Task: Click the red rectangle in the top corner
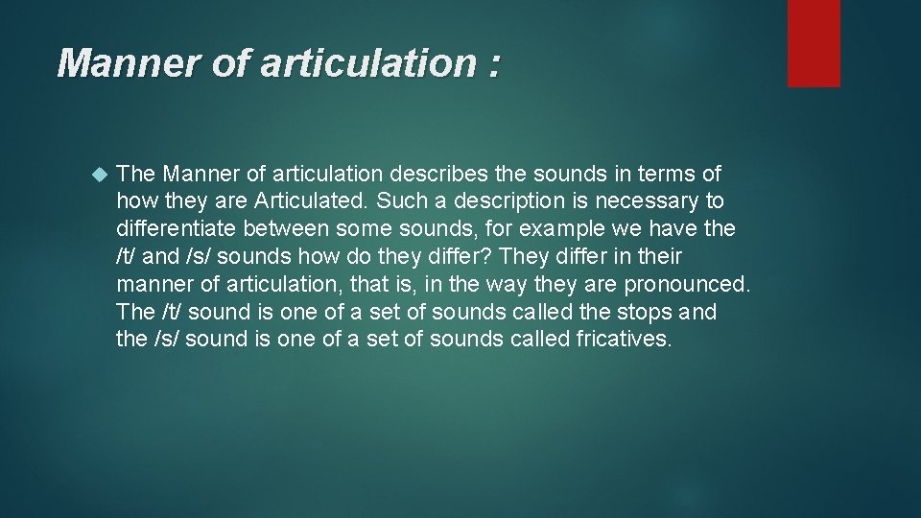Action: click(x=814, y=43)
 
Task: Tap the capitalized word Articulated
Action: click(x=313, y=202)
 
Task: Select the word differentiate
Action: click(x=177, y=230)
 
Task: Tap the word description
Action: click(x=493, y=202)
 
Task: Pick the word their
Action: click(x=660, y=257)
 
